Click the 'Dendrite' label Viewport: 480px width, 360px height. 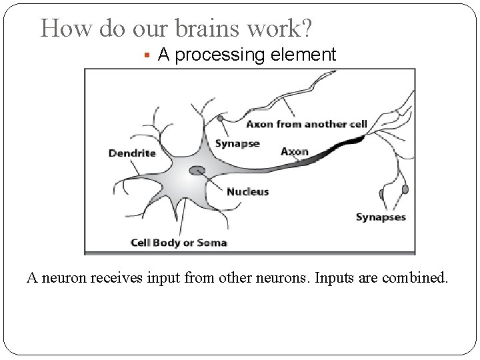[132, 153]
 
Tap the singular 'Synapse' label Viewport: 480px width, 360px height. [237, 144]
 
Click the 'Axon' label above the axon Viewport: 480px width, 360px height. [295, 151]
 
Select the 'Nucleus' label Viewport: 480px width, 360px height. [247, 192]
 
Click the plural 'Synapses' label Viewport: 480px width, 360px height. [380, 217]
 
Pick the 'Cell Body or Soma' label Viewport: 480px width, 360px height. [179, 243]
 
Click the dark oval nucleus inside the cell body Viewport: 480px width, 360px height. [197, 171]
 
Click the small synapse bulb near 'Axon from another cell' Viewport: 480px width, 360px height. [220, 119]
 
